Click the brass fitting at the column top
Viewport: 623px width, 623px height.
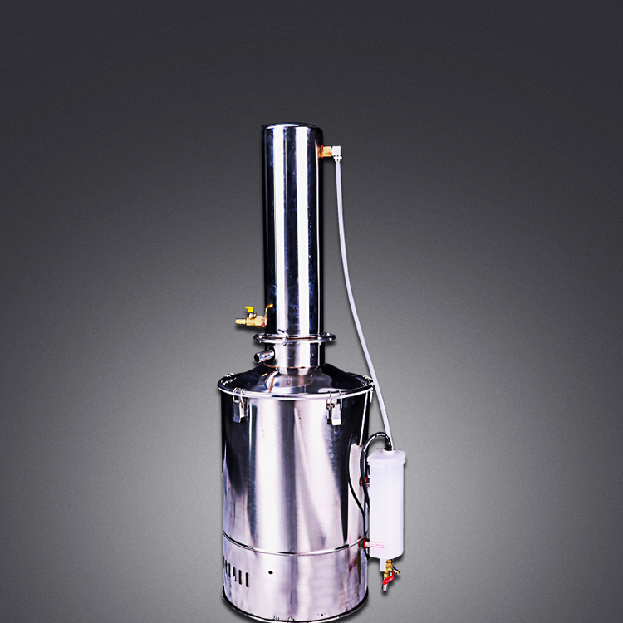pyautogui.click(x=326, y=151)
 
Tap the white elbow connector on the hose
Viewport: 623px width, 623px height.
pyautogui.click(x=336, y=152)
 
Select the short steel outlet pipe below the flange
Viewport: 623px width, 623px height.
pyautogui.click(x=264, y=356)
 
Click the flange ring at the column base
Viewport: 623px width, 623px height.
pyautogui.click(x=295, y=338)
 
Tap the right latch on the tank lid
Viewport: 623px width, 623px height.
pyautogui.click(x=334, y=410)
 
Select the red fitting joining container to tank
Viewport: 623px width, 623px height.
pyautogui.click(x=365, y=544)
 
